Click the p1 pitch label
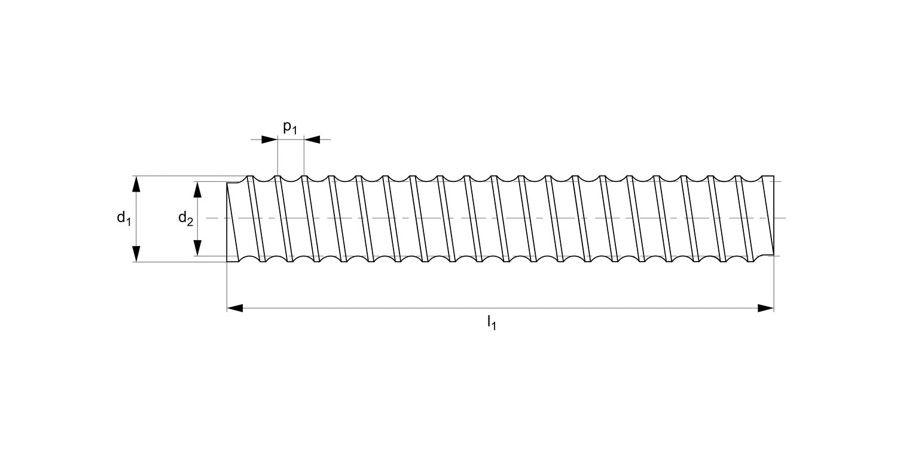pos(290,128)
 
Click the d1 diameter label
pos(123,219)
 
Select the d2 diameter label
pos(185,219)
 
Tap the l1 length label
pos(492,323)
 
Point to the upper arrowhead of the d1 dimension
pos(136,184)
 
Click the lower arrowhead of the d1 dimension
pos(136,254)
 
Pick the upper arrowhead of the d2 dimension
pos(197,189)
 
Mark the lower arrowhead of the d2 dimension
pos(197,248)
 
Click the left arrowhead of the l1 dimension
pos(235,308)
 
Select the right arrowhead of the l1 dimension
pos(765,308)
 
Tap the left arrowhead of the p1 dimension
pos(270,139)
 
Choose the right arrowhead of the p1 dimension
pos(312,139)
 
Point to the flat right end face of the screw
pos(774,216)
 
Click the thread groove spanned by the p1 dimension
pos(291,179)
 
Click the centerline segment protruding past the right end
pos(780,218)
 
